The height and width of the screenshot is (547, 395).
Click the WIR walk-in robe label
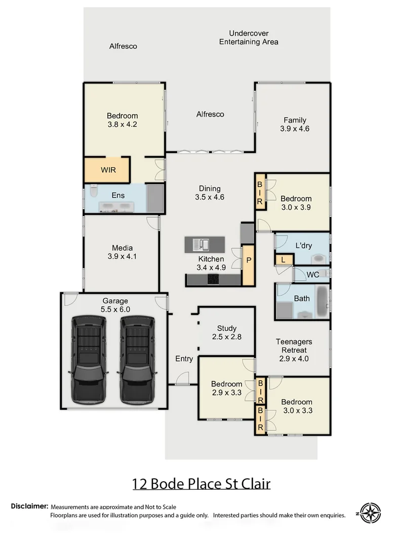pyautogui.click(x=108, y=170)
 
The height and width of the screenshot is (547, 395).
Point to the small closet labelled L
pyautogui.click(x=284, y=260)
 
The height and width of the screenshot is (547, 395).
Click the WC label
pyautogui.click(x=312, y=275)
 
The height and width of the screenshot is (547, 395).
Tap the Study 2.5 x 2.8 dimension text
pyautogui.click(x=226, y=337)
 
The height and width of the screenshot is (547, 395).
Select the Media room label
pyautogui.click(x=122, y=248)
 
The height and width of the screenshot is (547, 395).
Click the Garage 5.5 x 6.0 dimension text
pyautogui.click(x=116, y=309)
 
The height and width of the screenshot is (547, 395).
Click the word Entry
pyautogui.click(x=184, y=359)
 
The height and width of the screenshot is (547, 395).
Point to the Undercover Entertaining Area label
pyautogui.click(x=248, y=37)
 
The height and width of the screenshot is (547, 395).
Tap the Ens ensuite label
pyautogui.click(x=118, y=196)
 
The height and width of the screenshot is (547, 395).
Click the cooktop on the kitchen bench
pyautogui.click(x=213, y=279)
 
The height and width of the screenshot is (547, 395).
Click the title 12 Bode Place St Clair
pyautogui.click(x=201, y=484)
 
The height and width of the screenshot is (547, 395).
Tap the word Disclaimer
pyautogui.click(x=30, y=506)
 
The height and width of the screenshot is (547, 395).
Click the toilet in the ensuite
pyautogui.click(x=93, y=193)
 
